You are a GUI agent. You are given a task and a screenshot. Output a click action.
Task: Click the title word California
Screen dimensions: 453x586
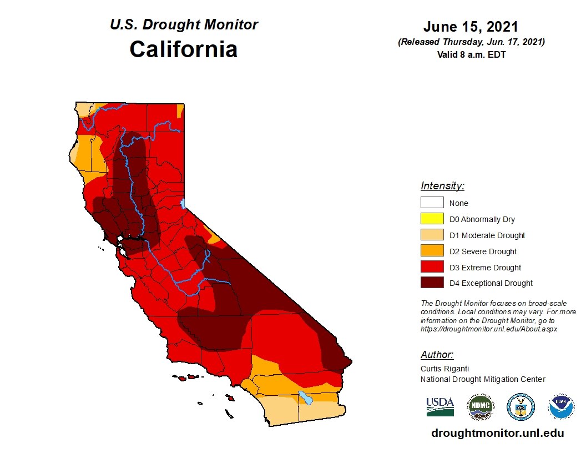pyautogui.click(x=184, y=49)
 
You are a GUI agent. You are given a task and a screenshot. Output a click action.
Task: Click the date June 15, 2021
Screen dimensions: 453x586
pyautogui.click(x=471, y=27)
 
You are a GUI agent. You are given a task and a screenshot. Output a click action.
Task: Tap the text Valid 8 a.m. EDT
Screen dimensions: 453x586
pyautogui.click(x=471, y=54)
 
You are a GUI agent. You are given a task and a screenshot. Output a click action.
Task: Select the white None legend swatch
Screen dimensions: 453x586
pyautogui.click(x=432, y=203)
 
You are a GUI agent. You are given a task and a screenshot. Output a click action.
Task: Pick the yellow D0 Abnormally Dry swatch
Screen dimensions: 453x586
pyautogui.click(x=432, y=219)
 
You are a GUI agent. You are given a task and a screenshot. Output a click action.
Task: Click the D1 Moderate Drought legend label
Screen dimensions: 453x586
pyautogui.click(x=487, y=235)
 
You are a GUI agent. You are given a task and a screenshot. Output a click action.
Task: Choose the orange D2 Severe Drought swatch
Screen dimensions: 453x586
pyautogui.click(x=432, y=251)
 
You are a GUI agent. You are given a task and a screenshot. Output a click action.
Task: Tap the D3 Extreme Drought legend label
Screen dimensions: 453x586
pyautogui.click(x=485, y=268)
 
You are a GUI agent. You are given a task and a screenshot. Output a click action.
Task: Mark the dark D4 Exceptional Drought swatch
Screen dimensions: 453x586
pyautogui.click(x=432, y=284)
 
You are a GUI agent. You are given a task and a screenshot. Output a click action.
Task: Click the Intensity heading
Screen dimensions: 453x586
pyautogui.click(x=442, y=186)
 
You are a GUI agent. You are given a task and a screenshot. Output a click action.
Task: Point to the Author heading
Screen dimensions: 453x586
pyautogui.click(x=437, y=355)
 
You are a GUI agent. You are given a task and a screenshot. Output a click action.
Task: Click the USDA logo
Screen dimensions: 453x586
pyautogui.click(x=440, y=407)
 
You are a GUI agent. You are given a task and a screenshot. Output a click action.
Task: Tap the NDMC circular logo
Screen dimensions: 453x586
pyautogui.click(x=479, y=407)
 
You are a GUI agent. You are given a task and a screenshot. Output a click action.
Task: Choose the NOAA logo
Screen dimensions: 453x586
pyautogui.click(x=561, y=407)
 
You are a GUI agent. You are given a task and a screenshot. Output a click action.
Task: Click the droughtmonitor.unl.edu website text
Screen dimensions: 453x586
pyautogui.click(x=497, y=434)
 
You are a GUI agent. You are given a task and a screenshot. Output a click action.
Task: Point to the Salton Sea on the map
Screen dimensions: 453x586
pyautogui.click(x=305, y=397)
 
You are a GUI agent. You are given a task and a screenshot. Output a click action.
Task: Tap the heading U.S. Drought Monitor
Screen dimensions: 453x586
pyautogui.click(x=184, y=25)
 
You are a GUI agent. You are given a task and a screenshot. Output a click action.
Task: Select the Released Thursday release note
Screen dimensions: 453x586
pyautogui.click(x=471, y=42)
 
